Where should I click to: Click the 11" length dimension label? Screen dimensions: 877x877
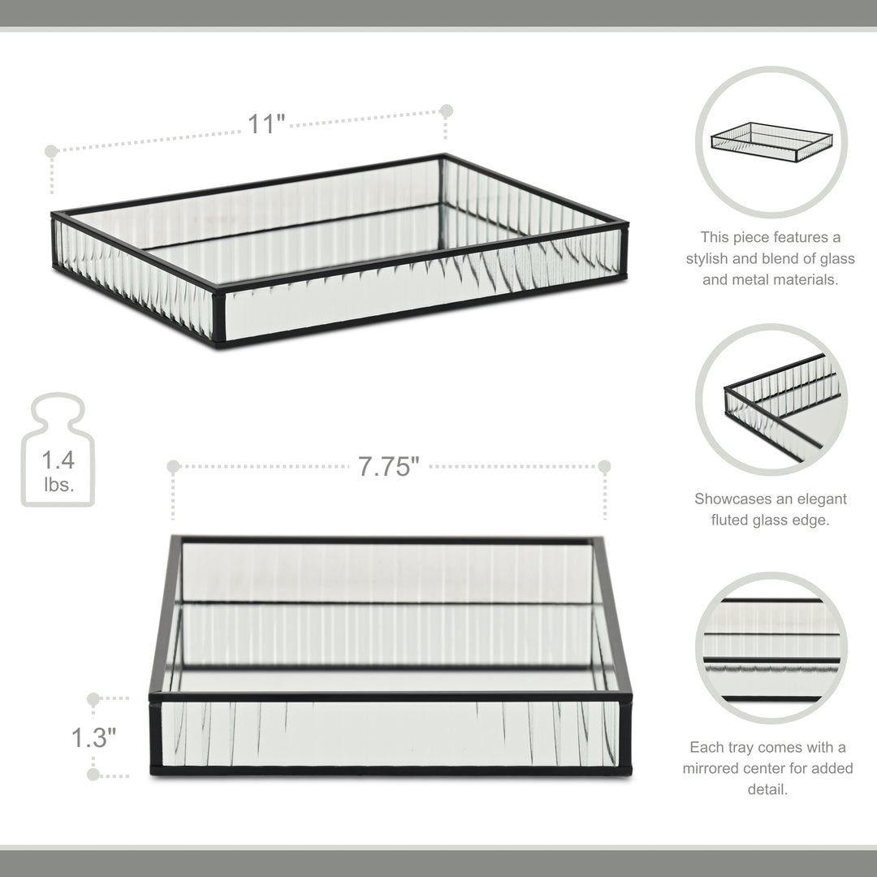266,124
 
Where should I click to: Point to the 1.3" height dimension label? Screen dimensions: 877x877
93,737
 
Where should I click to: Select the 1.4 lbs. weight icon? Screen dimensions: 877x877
58,451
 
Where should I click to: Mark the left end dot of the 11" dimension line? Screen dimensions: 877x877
51,151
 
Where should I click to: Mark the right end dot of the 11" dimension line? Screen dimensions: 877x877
446,110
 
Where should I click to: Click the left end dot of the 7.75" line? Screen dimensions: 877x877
173,466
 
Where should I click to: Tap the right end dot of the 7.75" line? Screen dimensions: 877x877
604,466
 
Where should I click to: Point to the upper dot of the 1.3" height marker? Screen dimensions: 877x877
93,698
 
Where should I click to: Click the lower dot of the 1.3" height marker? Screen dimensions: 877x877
93,775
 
